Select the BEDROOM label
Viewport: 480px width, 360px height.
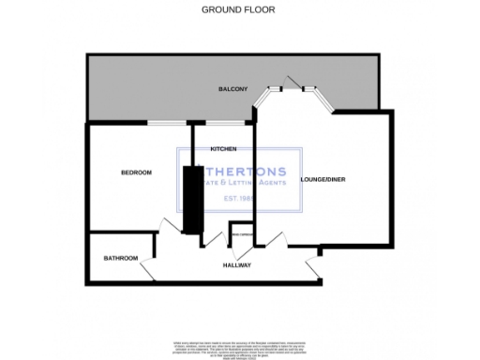[137, 172]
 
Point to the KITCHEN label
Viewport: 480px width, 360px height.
[222, 149]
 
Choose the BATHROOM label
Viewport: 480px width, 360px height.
[121, 258]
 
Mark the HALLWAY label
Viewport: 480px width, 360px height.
[237, 265]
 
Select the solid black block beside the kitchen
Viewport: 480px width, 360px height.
[194, 199]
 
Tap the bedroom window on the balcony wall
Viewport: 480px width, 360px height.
[166, 122]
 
